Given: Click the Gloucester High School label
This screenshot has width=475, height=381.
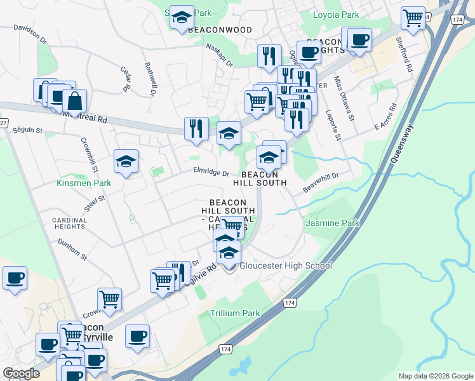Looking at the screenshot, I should (x=285, y=265).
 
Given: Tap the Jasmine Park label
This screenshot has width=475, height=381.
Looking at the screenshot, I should (x=332, y=223).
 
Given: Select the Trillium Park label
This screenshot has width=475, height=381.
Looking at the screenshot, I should (x=235, y=313).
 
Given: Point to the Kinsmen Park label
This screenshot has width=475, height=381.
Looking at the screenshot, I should (x=84, y=183).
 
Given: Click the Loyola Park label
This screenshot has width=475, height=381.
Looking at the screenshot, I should (x=336, y=15).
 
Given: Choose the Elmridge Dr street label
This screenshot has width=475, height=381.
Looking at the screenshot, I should (x=211, y=172).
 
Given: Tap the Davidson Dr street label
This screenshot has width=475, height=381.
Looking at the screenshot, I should (x=30, y=33).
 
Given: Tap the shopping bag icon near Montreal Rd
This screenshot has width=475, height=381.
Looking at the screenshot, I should (x=74, y=100).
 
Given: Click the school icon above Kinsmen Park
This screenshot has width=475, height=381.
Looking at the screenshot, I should (x=126, y=161).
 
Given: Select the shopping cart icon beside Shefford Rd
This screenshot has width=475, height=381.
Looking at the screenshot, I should (x=413, y=18).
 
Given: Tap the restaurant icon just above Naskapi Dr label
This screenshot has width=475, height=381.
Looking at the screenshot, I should (x=269, y=56).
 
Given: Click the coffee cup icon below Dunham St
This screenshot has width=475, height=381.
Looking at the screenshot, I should (x=15, y=277).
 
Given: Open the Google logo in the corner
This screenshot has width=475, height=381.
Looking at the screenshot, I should (x=21, y=373).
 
